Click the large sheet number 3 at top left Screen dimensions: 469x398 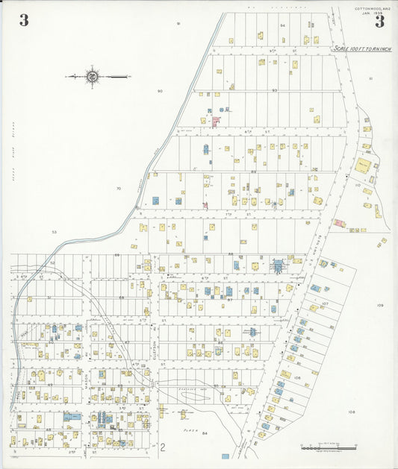click(x=24, y=21)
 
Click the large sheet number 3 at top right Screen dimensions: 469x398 click(x=379, y=21)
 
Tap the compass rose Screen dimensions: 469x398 click(x=93, y=76)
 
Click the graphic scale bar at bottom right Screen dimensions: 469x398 click(x=329, y=447)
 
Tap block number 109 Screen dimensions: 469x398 click(x=379, y=306)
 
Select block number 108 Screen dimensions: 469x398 click(x=351, y=412)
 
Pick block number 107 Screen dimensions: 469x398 click(x=325, y=304)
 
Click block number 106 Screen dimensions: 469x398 click(x=297, y=378)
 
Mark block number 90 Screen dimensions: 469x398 click(x=160, y=91)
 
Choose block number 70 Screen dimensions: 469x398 click(x=118, y=189)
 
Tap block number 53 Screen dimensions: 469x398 click(x=54, y=232)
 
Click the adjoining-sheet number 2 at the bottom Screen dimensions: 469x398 click(x=161, y=447)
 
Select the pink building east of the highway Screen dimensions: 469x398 click(x=338, y=222)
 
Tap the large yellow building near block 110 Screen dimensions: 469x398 click(x=363, y=166)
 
